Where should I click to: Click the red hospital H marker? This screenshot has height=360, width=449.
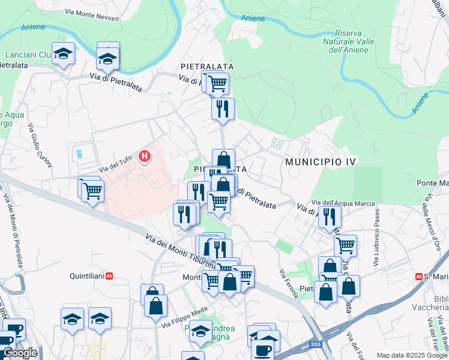(144, 157)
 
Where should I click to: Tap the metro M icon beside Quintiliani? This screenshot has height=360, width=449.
(109, 277)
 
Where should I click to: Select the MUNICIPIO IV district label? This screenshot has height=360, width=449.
(321, 162)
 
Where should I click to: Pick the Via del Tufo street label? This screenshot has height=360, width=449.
(115, 163)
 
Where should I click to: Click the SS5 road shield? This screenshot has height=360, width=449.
(316, 344)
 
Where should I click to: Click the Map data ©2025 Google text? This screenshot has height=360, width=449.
(412, 355)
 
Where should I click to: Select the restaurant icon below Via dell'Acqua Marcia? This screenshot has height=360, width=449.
(330, 216)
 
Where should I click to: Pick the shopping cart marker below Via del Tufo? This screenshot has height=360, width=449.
(92, 191)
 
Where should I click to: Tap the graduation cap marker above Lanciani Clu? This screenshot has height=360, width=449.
(63, 53)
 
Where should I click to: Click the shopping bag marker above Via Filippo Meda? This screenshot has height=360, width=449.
(155, 305)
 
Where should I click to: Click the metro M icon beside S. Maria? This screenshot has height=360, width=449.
(419, 277)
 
